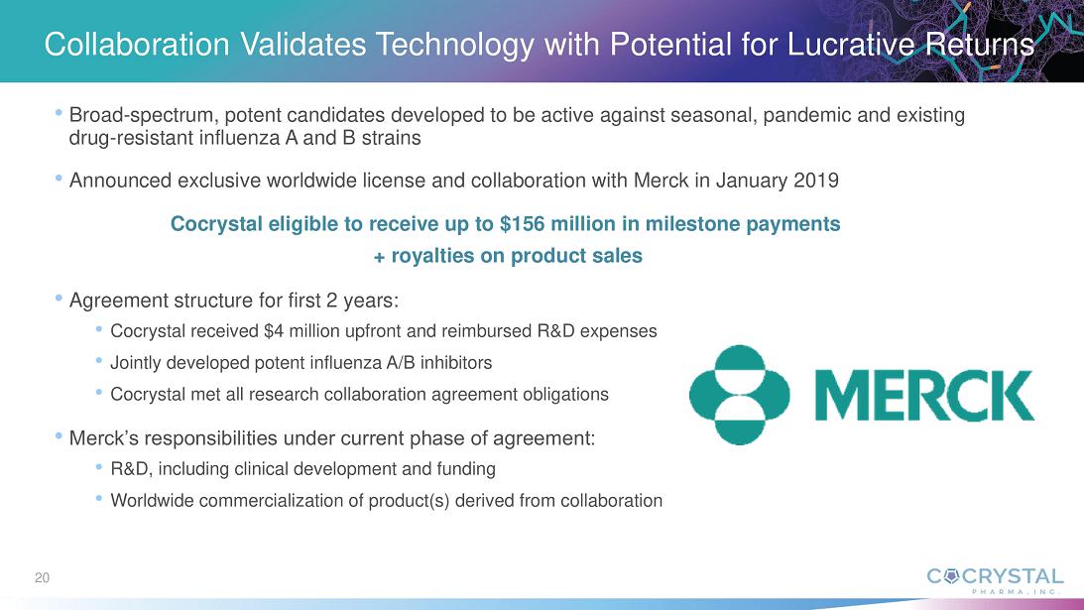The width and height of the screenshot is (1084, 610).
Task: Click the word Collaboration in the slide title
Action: click(x=137, y=45)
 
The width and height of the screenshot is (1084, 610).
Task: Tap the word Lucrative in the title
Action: click(x=851, y=45)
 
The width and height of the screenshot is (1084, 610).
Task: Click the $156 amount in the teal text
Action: click(x=523, y=224)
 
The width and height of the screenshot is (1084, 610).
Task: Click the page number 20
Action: click(x=43, y=578)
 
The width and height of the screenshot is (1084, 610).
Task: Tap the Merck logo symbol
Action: click(x=739, y=395)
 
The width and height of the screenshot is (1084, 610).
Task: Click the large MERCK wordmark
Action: click(x=925, y=396)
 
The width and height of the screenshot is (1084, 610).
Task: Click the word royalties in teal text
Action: click(x=431, y=256)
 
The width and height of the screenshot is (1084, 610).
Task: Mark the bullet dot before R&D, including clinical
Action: click(x=99, y=467)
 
